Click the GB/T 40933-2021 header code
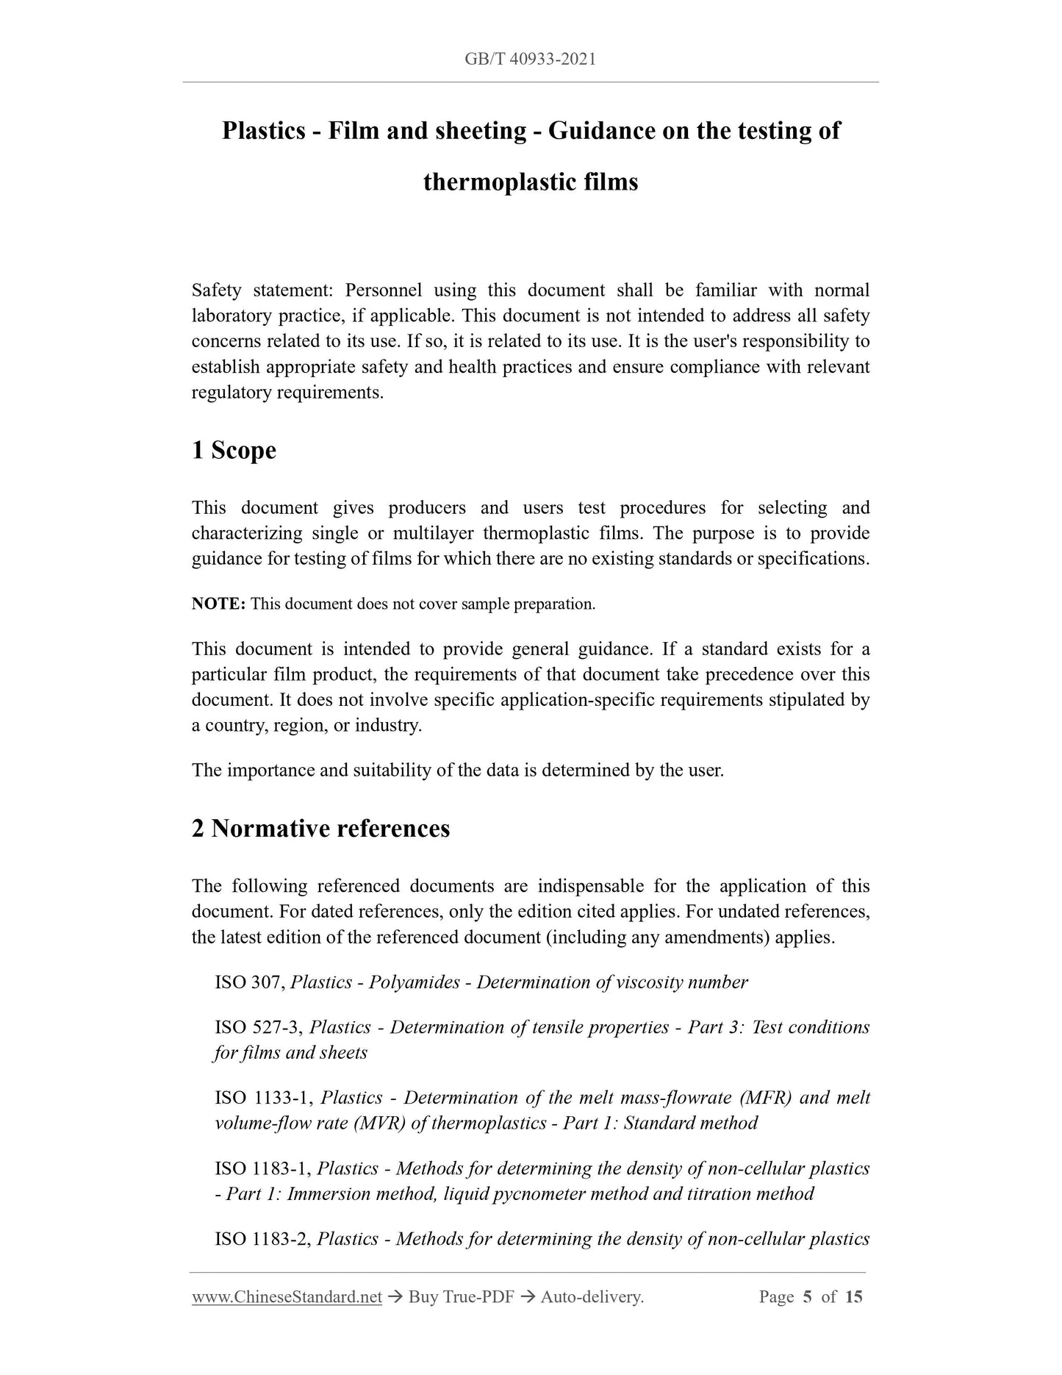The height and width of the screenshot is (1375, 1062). (530, 59)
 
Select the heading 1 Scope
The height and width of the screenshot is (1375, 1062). (234, 450)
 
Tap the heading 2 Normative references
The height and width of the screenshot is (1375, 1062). (320, 829)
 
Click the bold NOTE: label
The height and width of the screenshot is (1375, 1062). (218, 604)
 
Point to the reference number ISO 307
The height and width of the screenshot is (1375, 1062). (249, 982)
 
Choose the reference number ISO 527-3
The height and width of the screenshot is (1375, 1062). (258, 1027)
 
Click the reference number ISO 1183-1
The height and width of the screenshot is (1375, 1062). (264, 1168)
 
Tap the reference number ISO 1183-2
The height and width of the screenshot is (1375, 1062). (264, 1239)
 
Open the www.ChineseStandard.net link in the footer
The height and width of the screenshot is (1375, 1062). (287, 1297)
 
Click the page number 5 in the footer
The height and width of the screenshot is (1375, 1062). (807, 1296)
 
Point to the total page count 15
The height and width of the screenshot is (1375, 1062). (853, 1296)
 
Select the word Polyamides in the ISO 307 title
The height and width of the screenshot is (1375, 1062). (415, 982)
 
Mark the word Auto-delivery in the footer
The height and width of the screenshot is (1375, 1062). (592, 1297)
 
